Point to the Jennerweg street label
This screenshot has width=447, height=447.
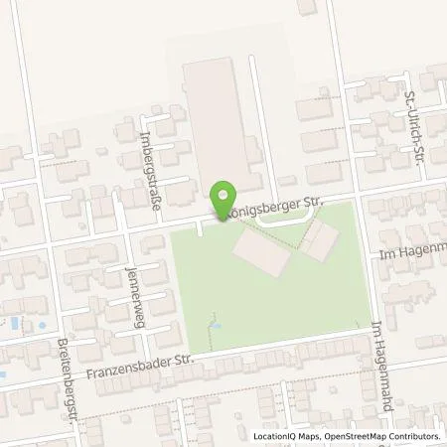click(x=129, y=282)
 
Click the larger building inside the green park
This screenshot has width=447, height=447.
click(x=261, y=254)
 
